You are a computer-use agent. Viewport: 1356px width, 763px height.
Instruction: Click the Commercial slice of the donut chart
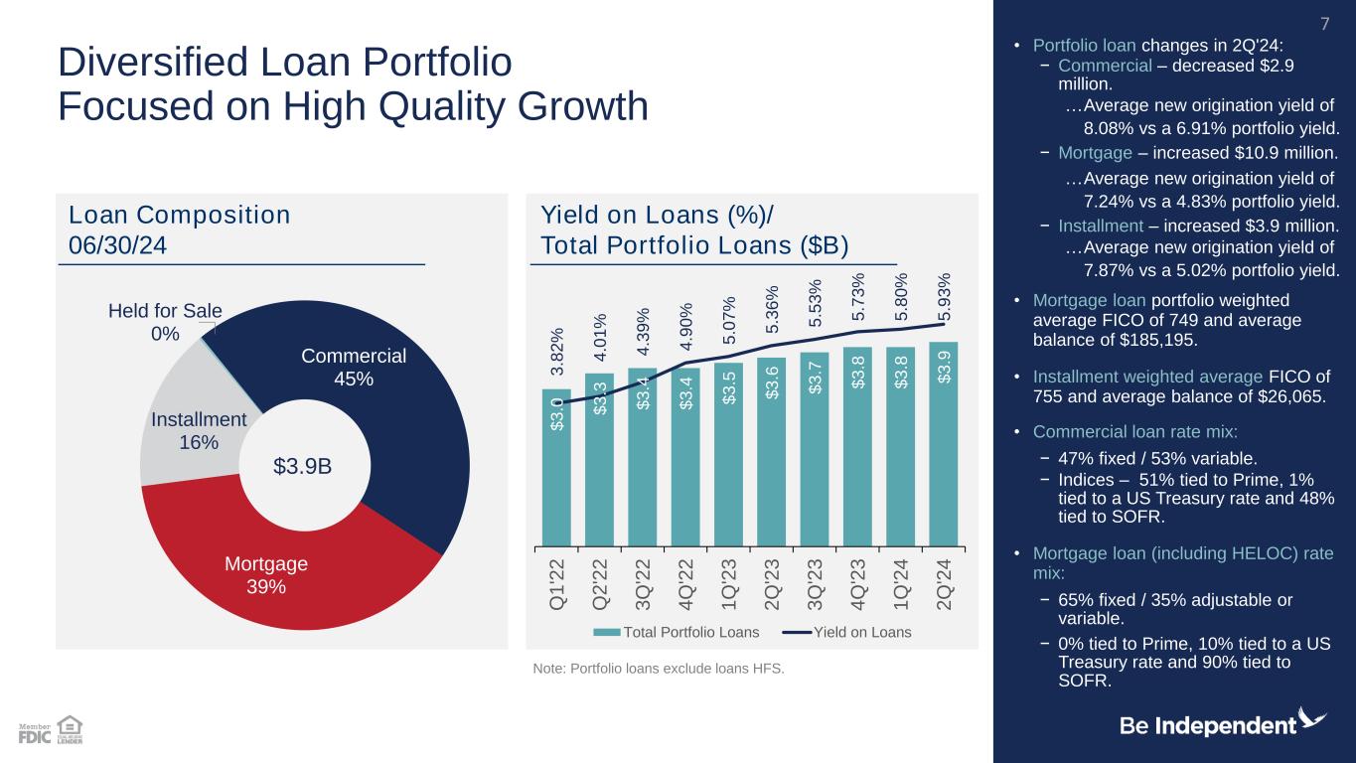click(397, 437)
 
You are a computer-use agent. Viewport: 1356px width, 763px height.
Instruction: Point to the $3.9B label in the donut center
click(303, 465)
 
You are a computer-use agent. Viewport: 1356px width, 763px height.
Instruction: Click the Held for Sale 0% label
click(165, 322)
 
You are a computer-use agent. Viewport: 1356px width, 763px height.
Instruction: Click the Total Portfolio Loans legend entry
click(677, 632)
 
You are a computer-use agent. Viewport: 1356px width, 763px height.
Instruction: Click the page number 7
click(1322, 23)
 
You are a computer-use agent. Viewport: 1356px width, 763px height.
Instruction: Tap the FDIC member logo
click(34, 733)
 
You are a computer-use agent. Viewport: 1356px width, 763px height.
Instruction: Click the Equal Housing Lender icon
click(70, 729)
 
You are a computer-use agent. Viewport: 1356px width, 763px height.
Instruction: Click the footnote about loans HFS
click(659, 668)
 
